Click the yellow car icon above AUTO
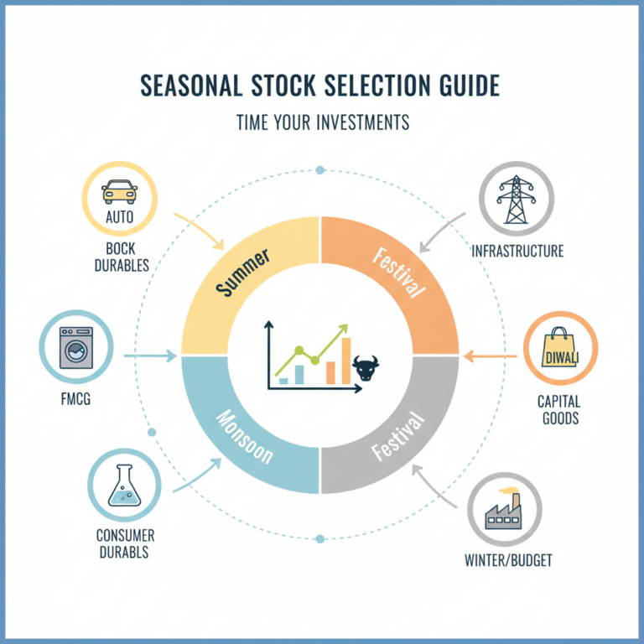pyautogui.click(x=119, y=194)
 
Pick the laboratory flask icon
pyautogui.click(x=124, y=486)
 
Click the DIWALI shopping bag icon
pyautogui.click(x=559, y=351)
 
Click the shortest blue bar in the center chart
pyautogui.click(x=283, y=381)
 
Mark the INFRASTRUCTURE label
pyautogui.click(x=517, y=251)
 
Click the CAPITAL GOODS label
pyautogui.click(x=558, y=410)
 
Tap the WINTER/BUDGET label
pyautogui.click(x=508, y=559)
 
